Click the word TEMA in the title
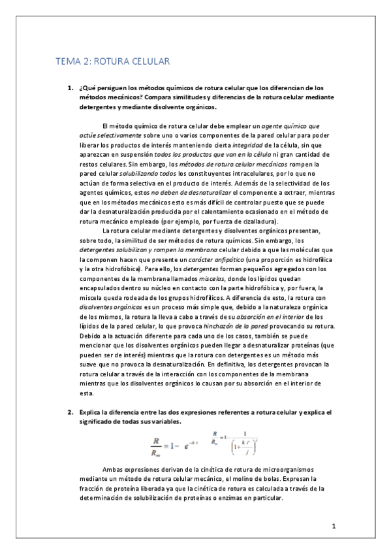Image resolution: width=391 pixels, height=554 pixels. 67,62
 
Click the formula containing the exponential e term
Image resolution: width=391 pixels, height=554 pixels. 175,448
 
